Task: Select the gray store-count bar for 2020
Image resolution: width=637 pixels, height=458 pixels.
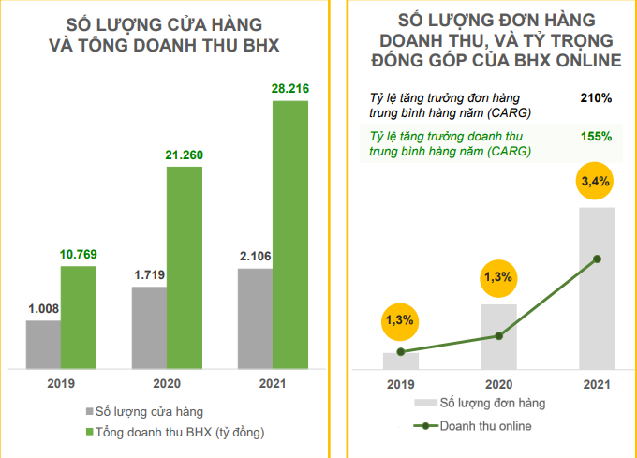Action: (150, 327)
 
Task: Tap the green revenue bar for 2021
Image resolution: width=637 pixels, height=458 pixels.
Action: (290, 234)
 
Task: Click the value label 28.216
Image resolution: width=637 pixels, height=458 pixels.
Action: (290, 90)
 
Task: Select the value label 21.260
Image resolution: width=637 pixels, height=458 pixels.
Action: (185, 155)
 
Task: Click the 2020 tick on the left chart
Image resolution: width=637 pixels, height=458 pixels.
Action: (167, 382)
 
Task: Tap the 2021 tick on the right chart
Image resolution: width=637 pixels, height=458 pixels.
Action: (597, 384)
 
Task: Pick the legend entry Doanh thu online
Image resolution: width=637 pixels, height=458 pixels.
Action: (485, 426)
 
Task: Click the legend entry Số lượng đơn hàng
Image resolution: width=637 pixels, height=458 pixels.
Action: (492, 403)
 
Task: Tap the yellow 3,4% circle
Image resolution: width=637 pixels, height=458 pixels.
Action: (597, 182)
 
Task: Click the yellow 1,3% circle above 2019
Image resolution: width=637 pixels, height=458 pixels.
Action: (400, 321)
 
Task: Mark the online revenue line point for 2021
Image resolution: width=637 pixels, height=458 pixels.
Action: (597, 259)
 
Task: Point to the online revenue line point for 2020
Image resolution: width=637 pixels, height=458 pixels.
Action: (498, 336)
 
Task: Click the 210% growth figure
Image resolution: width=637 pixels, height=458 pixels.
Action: (596, 96)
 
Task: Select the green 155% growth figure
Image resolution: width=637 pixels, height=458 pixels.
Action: (596, 136)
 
